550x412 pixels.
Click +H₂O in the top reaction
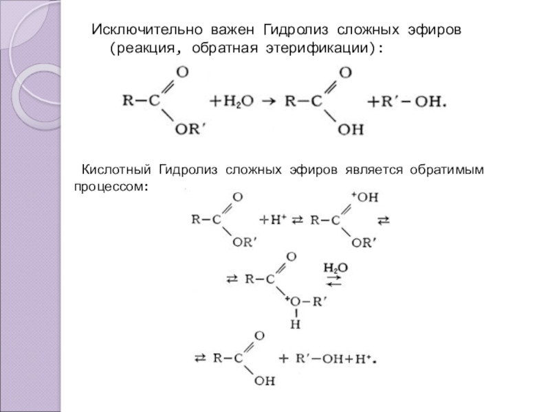click(230, 101)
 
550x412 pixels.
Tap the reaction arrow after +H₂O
click(270, 101)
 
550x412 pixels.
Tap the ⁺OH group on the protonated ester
click(366, 198)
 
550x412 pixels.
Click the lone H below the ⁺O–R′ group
click(295, 323)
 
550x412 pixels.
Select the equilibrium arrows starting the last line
click(201, 359)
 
